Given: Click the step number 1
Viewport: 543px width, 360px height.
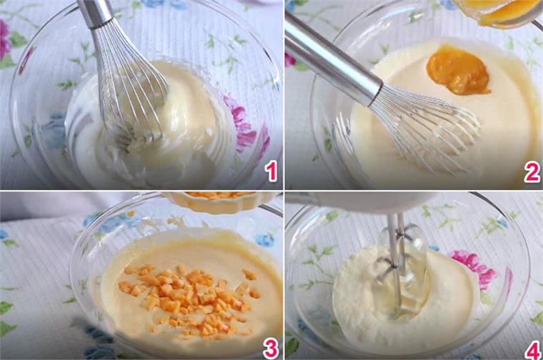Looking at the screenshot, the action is click(x=271, y=172).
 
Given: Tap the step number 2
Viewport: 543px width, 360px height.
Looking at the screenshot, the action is click(x=532, y=172).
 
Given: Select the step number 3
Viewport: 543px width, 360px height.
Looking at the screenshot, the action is click(x=271, y=348).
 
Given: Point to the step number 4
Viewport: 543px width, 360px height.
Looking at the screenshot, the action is click(x=532, y=350).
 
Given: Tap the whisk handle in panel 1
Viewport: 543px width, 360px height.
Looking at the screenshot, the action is click(x=95, y=13).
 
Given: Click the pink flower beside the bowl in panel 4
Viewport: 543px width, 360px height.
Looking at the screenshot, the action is click(x=475, y=267).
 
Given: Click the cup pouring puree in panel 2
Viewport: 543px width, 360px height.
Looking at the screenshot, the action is click(x=499, y=12).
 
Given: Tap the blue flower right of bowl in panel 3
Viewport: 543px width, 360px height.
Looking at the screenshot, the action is click(x=264, y=240).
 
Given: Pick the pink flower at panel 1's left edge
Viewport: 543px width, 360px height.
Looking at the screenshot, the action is click(x=4, y=39).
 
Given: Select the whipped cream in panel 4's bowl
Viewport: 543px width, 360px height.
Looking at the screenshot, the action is click(x=402, y=298).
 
